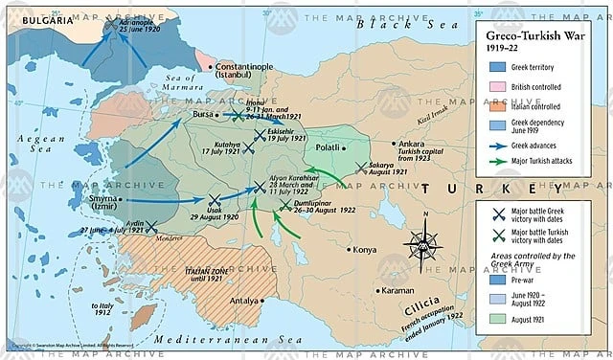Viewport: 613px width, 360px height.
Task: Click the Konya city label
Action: coord(365,249)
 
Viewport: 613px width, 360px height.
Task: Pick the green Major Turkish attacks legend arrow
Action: coord(498,160)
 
